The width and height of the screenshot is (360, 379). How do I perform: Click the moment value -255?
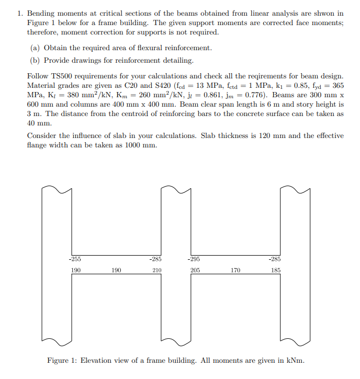75,258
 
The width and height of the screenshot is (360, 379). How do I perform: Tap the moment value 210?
156,270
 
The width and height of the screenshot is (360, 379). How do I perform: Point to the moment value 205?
195,270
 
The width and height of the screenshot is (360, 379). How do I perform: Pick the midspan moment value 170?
235,270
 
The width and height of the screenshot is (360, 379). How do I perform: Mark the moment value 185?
276,270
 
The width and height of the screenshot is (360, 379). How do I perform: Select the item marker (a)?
37,48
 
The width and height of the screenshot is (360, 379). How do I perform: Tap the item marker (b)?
37,60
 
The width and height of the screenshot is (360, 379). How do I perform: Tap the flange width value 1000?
135,145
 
